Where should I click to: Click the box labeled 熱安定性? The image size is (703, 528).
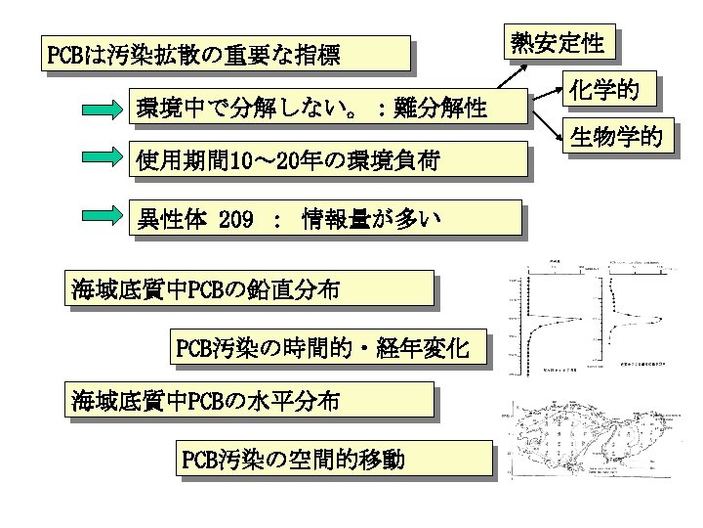pyautogui.click(x=558, y=43)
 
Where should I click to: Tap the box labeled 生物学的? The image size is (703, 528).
pyautogui.click(x=621, y=136)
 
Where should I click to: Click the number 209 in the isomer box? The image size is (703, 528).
pyautogui.click(x=237, y=218)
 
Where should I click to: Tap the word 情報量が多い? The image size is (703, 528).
pyautogui.click(x=372, y=218)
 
